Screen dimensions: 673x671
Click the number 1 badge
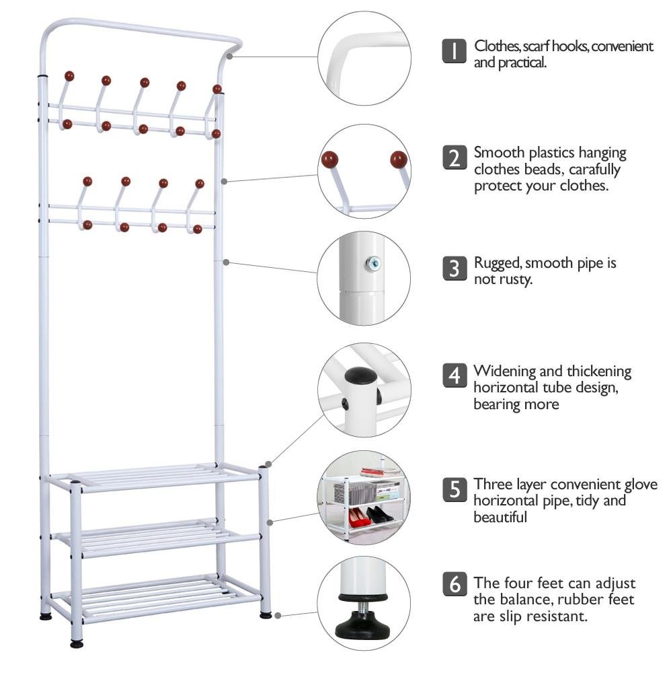tap(455, 51)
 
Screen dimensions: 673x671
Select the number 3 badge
tap(455, 268)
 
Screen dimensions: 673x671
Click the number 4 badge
tap(455, 375)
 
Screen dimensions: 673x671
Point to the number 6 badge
tap(455, 583)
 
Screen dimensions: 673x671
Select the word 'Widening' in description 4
tap(504, 371)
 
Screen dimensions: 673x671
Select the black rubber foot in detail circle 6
tap(364, 627)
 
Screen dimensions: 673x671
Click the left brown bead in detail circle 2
tap(329, 161)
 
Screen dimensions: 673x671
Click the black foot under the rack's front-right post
tap(266, 614)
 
